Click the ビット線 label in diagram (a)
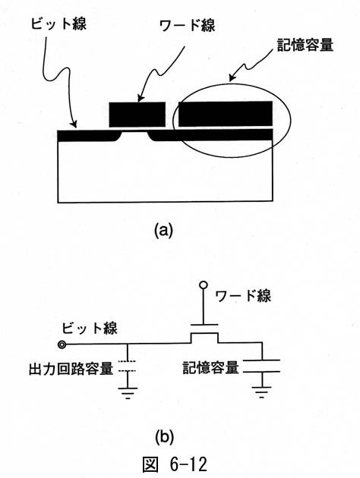pos(58,23)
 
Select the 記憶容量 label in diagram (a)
pos(305,46)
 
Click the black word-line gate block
pos(137,115)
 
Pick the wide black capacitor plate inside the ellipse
pos(226,114)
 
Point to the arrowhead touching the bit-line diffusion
pos(73,124)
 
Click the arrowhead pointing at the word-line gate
pos(140,98)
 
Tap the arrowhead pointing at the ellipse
pos(233,77)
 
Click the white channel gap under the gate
pos(134,135)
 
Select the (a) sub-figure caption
pos(163,231)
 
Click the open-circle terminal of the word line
pos(204,285)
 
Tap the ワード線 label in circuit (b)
pos(243,295)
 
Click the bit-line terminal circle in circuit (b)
pos(62,344)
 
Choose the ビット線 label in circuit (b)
pos(90,328)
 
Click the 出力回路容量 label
pos(71,368)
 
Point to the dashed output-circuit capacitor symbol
pos(128,366)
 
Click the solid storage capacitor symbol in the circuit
pos(262,366)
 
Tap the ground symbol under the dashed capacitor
pos(128,393)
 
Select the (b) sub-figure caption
pos(164,437)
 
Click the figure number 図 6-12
pos(175,464)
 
